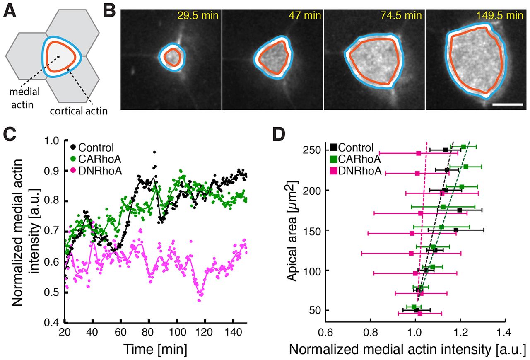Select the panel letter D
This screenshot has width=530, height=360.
[x=284, y=135]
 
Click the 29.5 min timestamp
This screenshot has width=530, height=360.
[x=198, y=17]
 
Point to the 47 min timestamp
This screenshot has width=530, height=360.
[x=306, y=17]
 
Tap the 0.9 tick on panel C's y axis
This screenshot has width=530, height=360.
[x=53, y=171]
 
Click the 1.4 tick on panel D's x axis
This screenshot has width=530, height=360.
[x=503, y=332]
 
